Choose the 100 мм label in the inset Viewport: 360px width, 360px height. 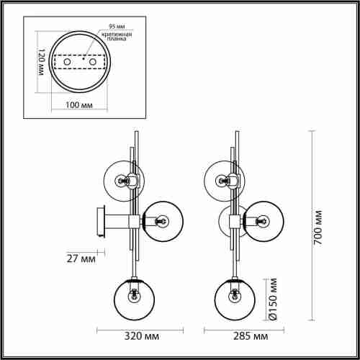coord(80,105)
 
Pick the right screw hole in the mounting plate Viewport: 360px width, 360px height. coord(92,63)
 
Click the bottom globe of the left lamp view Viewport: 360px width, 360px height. coord(133,297)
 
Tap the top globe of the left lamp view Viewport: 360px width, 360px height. coord(125,179)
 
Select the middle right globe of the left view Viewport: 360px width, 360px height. coord(161,220)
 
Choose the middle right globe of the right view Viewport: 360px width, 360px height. coord(263,220)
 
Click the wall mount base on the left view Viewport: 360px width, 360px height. coord(102,222)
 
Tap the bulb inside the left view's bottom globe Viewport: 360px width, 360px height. coord(133,294)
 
